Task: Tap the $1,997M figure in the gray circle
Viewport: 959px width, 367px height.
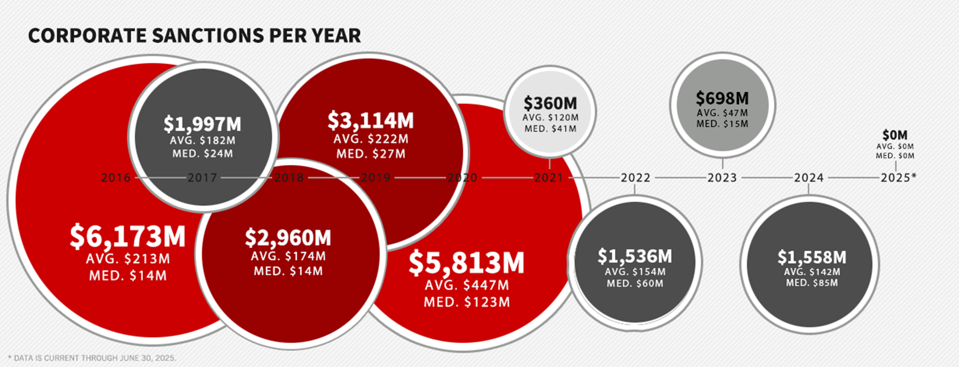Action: tap(202, 124)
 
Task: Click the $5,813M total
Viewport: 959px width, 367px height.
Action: tap(467, 262)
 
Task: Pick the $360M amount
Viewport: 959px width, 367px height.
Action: tap(550, 103)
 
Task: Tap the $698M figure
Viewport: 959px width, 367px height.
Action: tap(722, 98)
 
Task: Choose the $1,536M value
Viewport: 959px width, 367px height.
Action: tap(635, 256)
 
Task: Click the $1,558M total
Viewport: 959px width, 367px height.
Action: tap(812, 257)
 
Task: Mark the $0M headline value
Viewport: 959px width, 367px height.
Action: tap(895, 135)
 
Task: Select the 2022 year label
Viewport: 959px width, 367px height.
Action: tap(635, 178)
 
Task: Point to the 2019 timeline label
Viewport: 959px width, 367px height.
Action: tap(376, 178)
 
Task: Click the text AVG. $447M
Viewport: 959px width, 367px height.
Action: tap(467, 285)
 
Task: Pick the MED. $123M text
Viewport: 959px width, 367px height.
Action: tap(467, 302)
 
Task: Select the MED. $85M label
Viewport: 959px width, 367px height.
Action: tap(812, 283)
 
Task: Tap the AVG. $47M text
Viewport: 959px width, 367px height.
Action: tap(722, 113)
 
